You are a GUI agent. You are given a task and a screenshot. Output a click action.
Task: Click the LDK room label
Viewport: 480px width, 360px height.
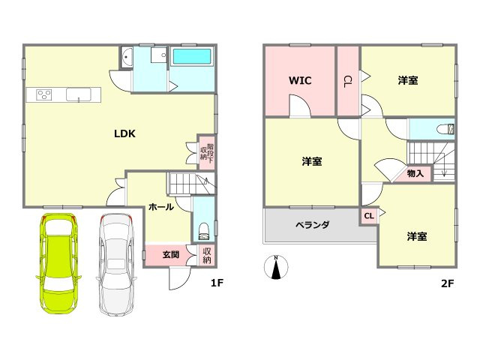tap(124, 134)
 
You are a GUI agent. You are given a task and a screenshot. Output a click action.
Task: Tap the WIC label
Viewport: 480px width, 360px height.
tap(300, 80)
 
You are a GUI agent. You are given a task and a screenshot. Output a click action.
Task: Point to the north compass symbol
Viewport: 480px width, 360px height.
tap(276, 267)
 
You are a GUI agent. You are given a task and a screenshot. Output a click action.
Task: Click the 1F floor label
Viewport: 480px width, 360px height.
tap(217, 283)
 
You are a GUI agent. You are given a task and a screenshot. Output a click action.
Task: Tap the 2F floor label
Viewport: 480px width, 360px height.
tap(448, 283)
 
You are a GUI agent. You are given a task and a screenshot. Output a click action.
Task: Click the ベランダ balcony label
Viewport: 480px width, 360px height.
tap(312, 224)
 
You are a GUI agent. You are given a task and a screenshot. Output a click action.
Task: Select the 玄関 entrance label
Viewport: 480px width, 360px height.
tap(170, 255)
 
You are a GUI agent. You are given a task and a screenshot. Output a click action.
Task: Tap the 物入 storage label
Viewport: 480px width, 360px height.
tap(415, 173)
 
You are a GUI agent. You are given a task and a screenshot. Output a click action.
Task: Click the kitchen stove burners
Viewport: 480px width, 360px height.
tap(43, 94)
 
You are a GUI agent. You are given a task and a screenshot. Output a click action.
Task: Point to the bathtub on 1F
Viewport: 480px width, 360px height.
tap(193, 56)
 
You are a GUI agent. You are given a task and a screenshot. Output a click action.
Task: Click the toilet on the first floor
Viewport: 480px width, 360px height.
tap(204, 227)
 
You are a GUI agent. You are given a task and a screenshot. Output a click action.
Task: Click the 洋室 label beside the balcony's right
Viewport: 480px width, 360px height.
tap(417, 236)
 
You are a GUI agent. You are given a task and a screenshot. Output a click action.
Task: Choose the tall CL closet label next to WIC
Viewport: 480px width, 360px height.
tap(348, 80)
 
